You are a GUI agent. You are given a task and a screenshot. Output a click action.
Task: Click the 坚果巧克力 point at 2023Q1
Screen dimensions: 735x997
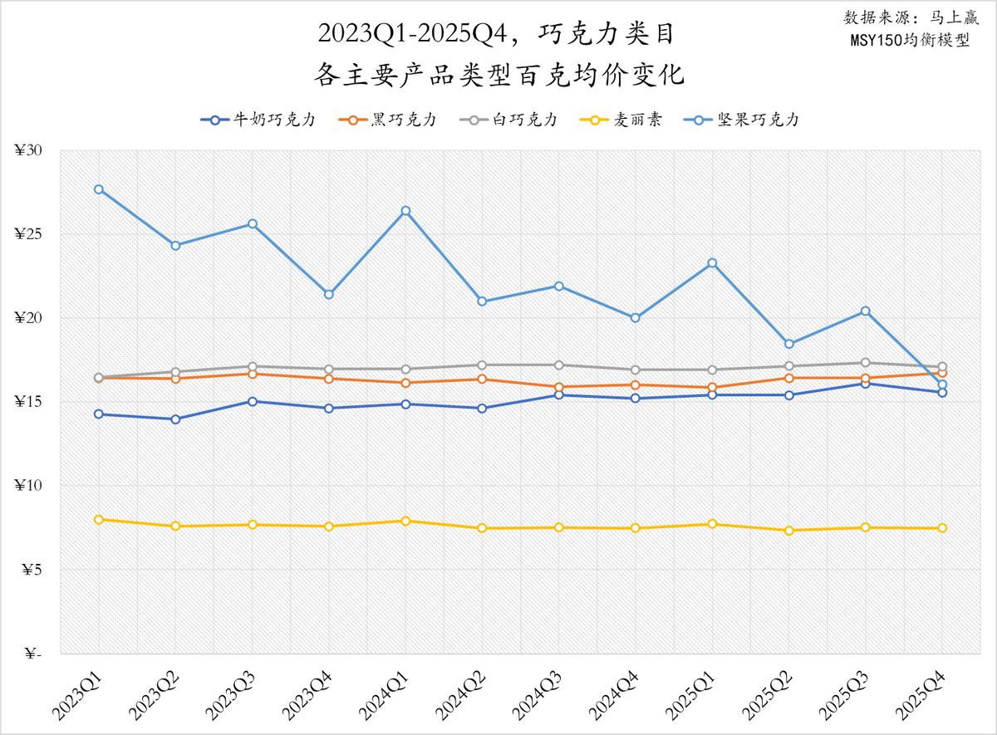pos(99,189)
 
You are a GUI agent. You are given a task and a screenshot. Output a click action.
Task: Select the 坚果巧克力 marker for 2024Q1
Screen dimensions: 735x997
pos(405,211)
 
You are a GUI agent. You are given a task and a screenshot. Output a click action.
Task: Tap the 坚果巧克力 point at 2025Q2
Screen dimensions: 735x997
pos(789,344)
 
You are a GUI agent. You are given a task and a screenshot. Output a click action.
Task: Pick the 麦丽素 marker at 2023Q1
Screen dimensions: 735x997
pos(99,520)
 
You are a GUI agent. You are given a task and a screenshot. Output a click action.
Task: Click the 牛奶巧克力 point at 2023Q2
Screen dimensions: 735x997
pos(175,419)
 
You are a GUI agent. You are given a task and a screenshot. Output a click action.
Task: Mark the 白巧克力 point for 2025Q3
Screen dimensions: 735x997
pos(866,363)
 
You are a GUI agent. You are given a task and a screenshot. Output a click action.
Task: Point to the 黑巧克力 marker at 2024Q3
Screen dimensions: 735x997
pos(559,387)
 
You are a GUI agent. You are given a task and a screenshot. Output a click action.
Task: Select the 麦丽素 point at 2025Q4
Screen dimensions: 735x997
pos(942,528)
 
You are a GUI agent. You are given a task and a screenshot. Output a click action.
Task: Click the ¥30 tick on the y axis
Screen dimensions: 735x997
pos(29,150)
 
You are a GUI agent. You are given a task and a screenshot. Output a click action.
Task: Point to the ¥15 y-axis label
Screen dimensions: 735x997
pos(29,402)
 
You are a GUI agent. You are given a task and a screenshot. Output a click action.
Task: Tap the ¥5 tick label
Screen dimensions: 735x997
pos(32,570)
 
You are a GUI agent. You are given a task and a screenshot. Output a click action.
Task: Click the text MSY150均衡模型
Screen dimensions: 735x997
pos(911,40)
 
